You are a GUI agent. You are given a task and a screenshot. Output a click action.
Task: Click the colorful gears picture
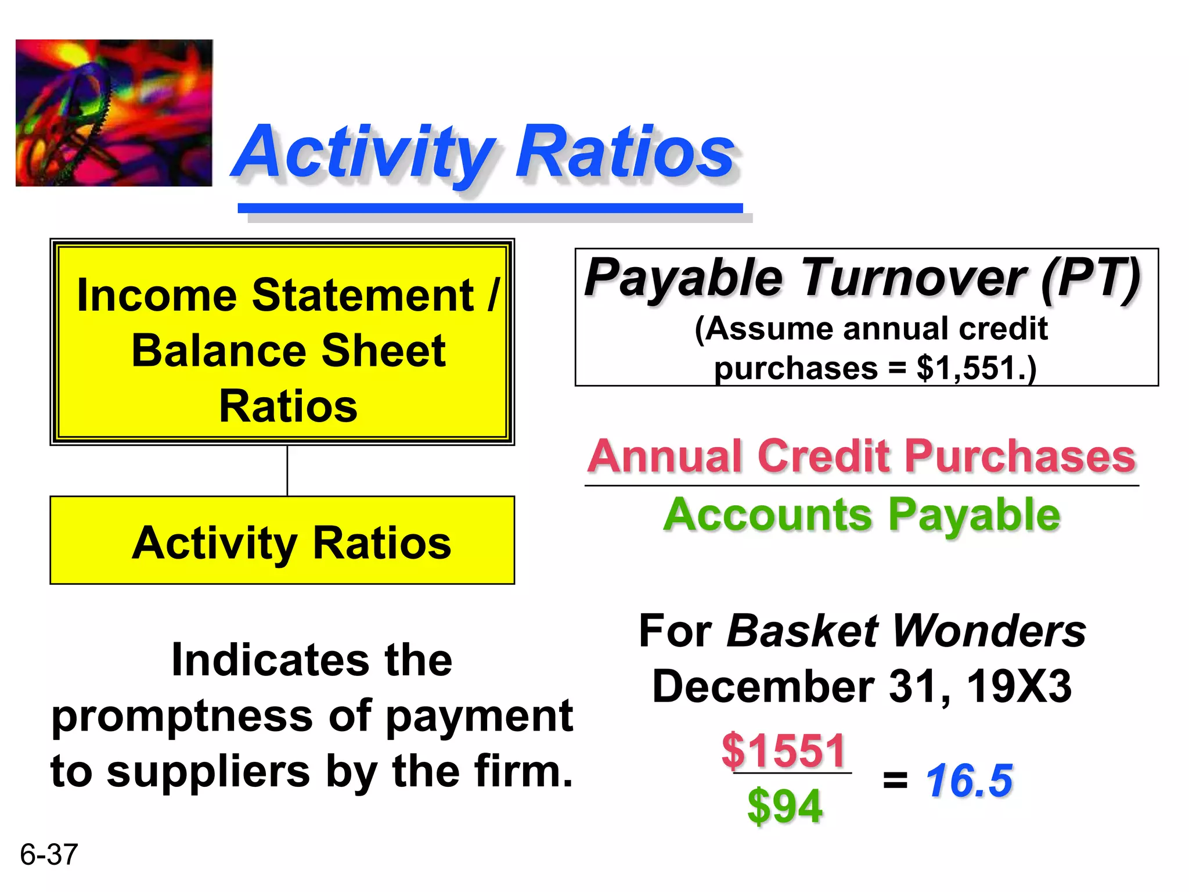pyautogui.click(x=114, y=113)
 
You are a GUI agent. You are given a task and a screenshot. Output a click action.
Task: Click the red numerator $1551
pyautogui.click(x=784, y=750)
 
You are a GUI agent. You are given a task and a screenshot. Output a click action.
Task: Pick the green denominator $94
pyautogui.click(x=785, y=806)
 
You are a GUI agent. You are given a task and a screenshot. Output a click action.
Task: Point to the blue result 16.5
pyautogui.click(x=970, y=780)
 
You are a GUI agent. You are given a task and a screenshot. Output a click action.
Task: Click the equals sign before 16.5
pyautogui.click(x=895, y=780)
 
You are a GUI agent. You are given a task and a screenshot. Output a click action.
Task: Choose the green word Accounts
pyautogui.click(x=768, y=515)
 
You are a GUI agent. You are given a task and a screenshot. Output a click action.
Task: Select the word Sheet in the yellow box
pyautogui.click(x=383, y=351)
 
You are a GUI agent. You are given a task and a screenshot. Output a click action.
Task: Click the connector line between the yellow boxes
pyautogui.click(x=287, y=471)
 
